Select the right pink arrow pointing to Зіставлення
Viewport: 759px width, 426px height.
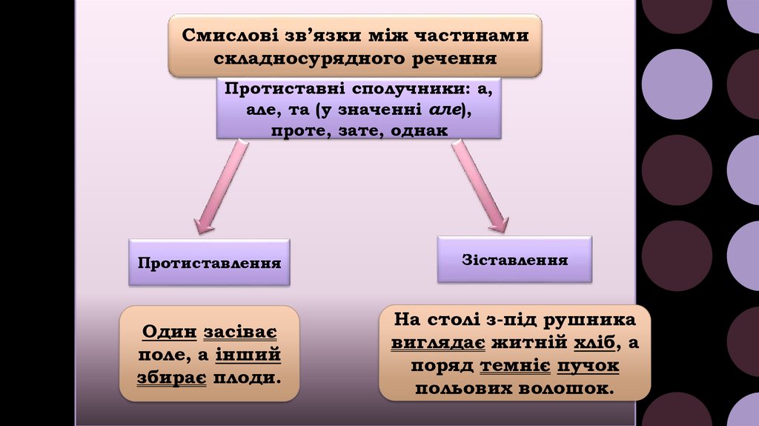(x=480, y=186)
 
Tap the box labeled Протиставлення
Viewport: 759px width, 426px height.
(x=208, y=263)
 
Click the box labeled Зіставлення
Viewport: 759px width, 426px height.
(x=514, y=260)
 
